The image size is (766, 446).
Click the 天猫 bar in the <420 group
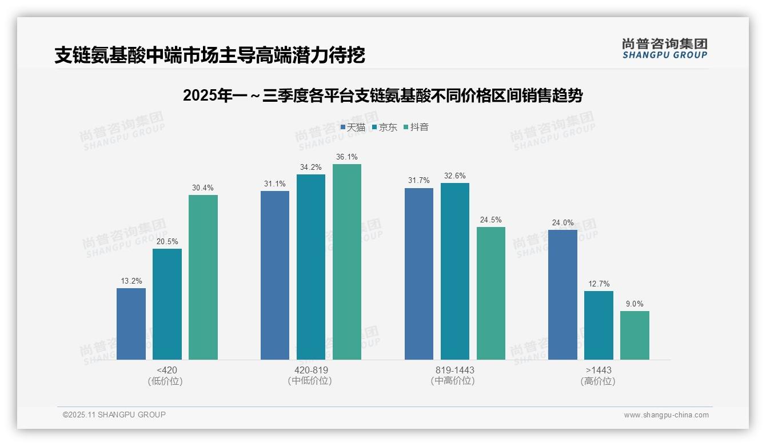pos(131,324)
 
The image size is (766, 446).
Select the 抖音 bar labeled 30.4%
pos(203,277)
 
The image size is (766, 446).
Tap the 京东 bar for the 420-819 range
pos(311,267)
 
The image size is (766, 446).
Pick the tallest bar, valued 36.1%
pos(347,262)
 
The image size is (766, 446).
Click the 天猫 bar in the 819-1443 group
pos(419,274)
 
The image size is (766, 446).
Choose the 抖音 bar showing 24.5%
pos(491,293)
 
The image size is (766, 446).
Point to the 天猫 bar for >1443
pos(562,294)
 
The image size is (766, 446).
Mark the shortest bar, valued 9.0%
pos(635,335)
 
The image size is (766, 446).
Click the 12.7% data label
pos(599,284)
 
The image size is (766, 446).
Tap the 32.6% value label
pos(455,176)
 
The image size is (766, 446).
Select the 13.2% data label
pos(131,281)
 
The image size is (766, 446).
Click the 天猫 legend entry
pos(353,127)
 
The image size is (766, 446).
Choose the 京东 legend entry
pos(384,127)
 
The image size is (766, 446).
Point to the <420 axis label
pos(166,370)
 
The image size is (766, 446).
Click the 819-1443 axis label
pos(454,370)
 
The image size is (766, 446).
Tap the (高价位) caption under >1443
pos(598,381)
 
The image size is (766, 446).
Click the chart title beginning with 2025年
pos(382,96)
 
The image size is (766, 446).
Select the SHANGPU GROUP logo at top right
pos(664,49)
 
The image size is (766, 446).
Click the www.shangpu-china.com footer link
pos(666,415)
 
